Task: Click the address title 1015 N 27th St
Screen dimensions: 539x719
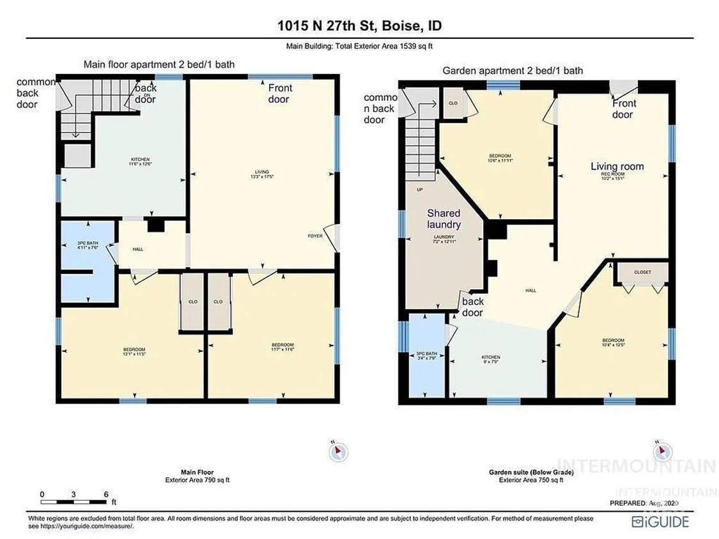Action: (x=359, y=26)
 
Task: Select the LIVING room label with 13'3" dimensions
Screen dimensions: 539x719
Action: (x=262, y=174)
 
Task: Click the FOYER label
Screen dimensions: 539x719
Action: (x=315, y=236)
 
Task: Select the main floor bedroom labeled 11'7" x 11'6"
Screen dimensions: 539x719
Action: (x=282, y=347)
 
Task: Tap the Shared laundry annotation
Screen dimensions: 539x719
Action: (x=444, y=218)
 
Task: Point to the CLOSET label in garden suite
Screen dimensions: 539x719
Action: (x=642, y=272)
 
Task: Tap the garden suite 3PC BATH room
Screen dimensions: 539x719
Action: (x=426, y=356)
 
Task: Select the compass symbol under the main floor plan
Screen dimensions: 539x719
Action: (x=338, y=451)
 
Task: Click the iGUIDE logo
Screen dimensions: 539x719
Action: (x=661, y=522)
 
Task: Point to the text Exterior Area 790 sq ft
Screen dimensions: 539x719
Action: (x=197, y=480)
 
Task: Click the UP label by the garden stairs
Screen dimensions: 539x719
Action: (x=419, y=190)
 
